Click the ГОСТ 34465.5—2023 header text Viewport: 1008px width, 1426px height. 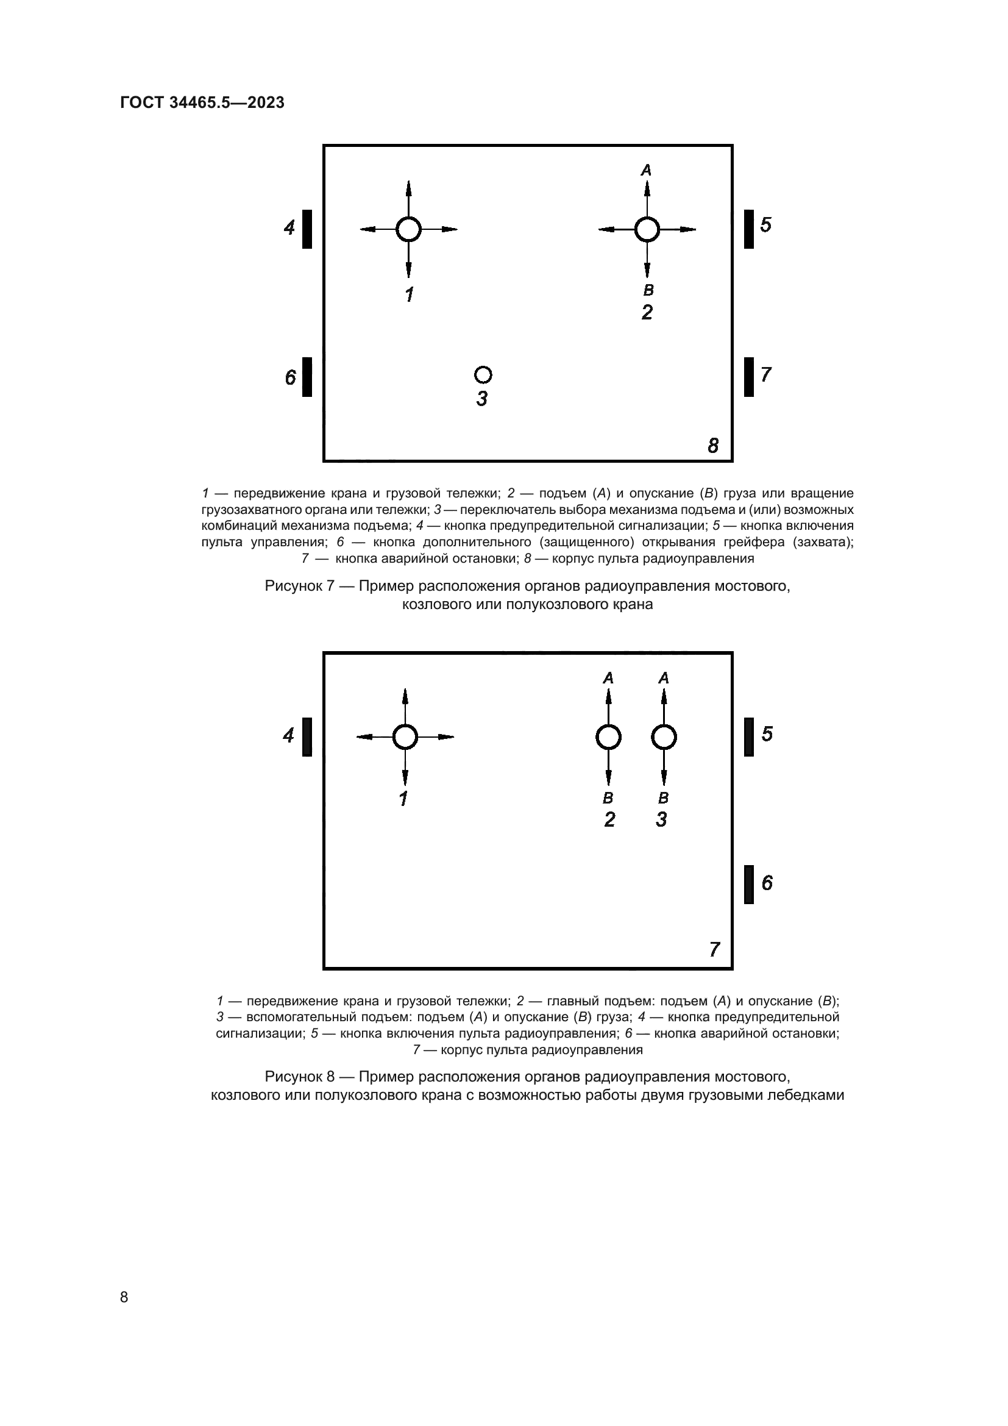click(x=202, y=102)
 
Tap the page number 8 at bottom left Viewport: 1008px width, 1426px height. click(x=124, y=1297)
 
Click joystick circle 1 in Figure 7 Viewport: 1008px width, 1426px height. click(x=408, y=229)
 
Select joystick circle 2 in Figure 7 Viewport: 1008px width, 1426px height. click(x=647, y=229)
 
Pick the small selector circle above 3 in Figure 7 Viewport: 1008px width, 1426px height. click(x=483, y=374)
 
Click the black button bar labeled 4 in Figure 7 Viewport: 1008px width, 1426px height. click(x=307, y=229)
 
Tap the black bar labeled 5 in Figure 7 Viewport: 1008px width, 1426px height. click(x=749, y=229)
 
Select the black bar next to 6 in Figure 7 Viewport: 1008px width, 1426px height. click(x=307, y=376)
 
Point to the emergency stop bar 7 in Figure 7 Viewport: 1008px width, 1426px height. click(x=749, y=376)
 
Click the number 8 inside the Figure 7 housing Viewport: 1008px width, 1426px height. click(x=713, y=445)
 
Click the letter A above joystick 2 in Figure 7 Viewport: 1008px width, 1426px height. click(x=647, y=170)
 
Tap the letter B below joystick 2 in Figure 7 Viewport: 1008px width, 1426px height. click(x=648, y=290)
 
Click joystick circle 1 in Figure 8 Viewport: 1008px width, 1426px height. click(x=405, y=737)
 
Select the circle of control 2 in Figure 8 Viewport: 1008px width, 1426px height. click(x=608, y=737)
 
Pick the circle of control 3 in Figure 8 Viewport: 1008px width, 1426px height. click(x=664, y=737)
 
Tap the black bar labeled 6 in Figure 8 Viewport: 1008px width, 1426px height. click(x=749, y=884)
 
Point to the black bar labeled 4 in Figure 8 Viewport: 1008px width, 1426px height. click(x=307, y=737)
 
